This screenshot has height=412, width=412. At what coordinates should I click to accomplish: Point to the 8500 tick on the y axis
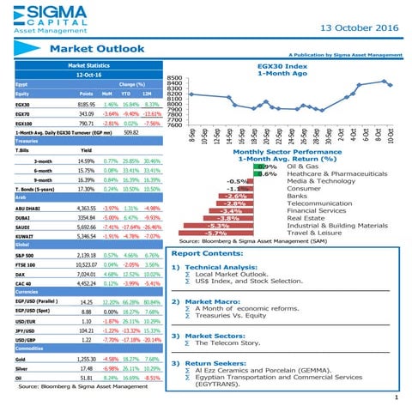(x=175, y=76)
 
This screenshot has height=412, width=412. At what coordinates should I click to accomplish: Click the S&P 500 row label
(x=27, y=255)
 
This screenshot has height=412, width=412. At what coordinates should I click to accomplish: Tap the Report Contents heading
(x=211, y=254)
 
